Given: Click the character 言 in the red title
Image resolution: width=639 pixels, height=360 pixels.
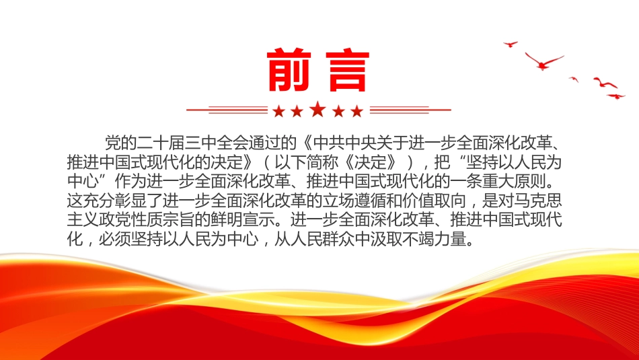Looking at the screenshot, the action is click(348, 70).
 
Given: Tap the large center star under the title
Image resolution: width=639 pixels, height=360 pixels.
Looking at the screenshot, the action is click(318, 109).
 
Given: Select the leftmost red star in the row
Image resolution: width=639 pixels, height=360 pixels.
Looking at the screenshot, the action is click(278, 111).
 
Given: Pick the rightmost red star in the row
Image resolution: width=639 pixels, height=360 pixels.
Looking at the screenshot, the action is click(357, 111).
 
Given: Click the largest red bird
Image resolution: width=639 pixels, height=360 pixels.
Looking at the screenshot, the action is click(543, 61).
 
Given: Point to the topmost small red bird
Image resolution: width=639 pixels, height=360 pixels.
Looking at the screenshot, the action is click(511, 44).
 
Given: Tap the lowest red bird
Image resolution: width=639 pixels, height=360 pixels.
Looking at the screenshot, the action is click(615, 96).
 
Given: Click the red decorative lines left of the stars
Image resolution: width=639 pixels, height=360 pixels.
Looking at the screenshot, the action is click(227, 110).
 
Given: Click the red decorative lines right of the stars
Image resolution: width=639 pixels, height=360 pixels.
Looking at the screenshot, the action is click(410, 110).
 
